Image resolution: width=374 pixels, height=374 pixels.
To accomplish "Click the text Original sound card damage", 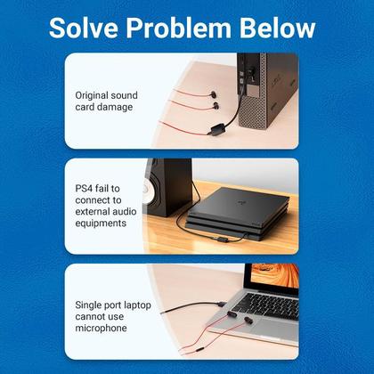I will (x=104, y=101).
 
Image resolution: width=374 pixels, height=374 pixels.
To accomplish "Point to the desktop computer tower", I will (x=267, y=98).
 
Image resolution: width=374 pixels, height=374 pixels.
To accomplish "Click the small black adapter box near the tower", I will (x=213, y=127).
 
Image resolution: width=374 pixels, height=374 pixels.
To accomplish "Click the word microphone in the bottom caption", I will (x=102, y=328).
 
